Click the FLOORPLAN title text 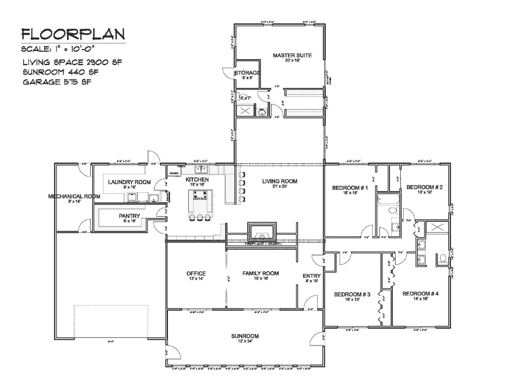coord(73,34)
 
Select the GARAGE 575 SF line coord(57,82)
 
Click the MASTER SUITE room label coord(292,55)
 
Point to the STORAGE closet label coord(247,73)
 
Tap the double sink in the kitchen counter coord(201,169)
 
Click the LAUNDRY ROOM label coord(129,182)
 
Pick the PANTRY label coord(129,216)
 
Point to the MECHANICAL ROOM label coord(74,196)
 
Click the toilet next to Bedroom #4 coord(442,259)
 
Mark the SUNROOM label coord(245,336)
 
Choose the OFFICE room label coord(196,273)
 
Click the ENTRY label coord(312,276)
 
